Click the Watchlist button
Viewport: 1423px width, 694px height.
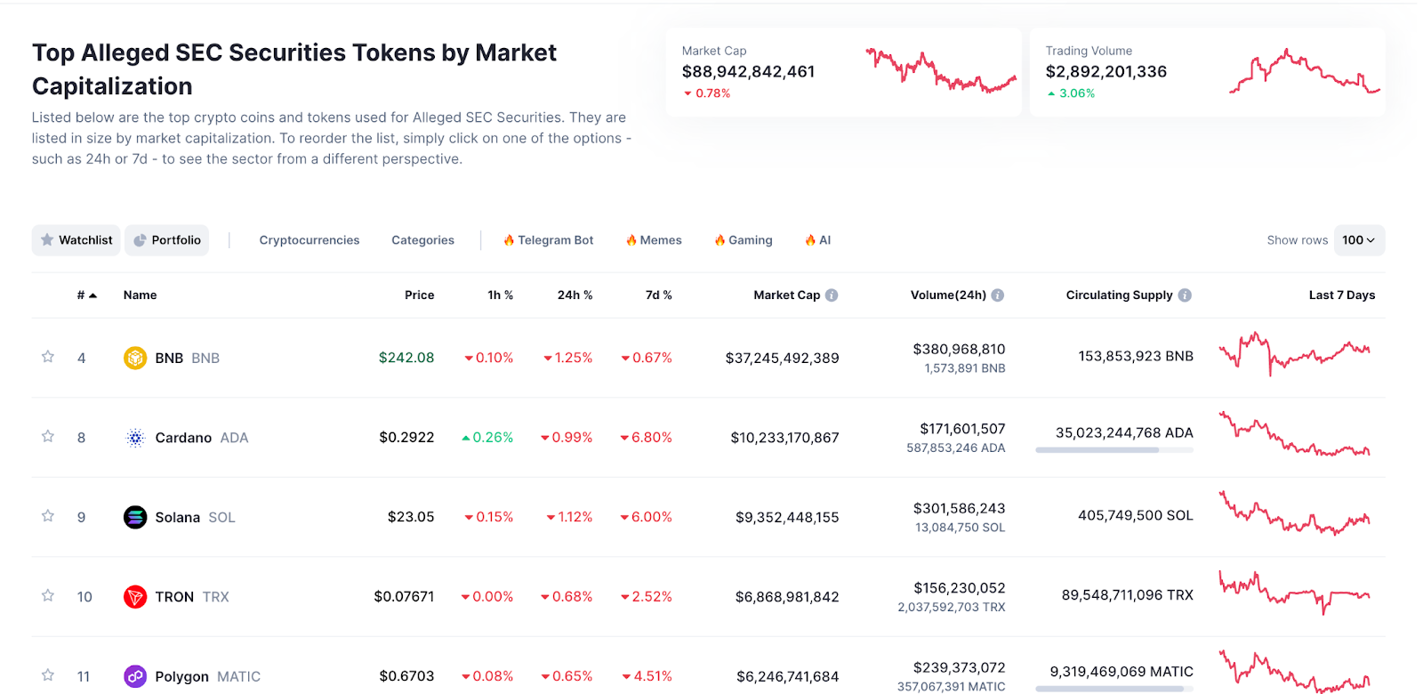76,240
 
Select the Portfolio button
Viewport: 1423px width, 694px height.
167,240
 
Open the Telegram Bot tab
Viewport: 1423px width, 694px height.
548,240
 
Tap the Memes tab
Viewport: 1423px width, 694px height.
654,240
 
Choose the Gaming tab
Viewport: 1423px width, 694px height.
744,240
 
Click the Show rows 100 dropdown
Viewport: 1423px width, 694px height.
1358,240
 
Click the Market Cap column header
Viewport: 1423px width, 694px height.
786,295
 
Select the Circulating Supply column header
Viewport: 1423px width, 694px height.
1119,295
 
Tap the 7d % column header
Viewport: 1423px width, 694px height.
658,295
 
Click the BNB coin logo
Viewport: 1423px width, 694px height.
135,358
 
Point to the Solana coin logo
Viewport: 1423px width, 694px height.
135,517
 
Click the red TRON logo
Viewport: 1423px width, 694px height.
135,597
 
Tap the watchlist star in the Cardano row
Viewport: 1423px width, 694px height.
48,437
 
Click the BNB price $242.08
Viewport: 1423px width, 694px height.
406,358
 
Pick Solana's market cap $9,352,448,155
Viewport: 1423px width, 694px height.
787,517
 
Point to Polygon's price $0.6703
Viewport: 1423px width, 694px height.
406,676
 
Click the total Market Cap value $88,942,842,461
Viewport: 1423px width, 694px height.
748,72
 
